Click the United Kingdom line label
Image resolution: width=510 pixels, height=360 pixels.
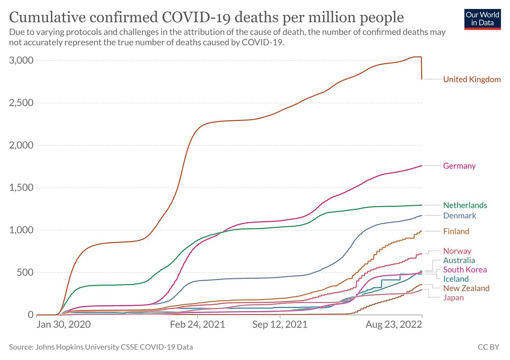coord(472,79)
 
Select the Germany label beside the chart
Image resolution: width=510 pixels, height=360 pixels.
coord(459,166)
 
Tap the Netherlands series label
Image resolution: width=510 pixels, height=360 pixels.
coord(465,205)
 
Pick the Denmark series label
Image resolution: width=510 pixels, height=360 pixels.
coord(459,215)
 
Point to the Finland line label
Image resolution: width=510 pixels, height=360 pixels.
coord(456,231)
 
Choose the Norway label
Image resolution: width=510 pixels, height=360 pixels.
coord(457,251)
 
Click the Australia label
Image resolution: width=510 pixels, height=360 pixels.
coord(459,260)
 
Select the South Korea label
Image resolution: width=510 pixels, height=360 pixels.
coord(465,269)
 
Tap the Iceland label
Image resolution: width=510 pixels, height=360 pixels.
coord(456,279)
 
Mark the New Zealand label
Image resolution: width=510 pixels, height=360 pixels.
coord(466,288)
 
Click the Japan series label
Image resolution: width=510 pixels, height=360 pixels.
coord(453,298)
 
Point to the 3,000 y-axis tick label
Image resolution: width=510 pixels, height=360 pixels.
coord(21,60)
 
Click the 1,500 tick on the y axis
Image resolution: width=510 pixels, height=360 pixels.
coord(21,187)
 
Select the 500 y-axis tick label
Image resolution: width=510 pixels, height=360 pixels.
coord(25,272)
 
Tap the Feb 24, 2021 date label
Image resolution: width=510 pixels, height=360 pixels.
coord(197,324)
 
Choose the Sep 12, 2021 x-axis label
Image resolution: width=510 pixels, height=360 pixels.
coord(280,324)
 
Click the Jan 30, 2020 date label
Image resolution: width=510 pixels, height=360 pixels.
coord(63,324)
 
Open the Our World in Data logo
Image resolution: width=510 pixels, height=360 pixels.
coord(482,20)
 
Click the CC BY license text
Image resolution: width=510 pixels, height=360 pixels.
coord(488,347)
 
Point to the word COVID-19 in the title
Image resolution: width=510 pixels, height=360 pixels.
coord(197,17)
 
